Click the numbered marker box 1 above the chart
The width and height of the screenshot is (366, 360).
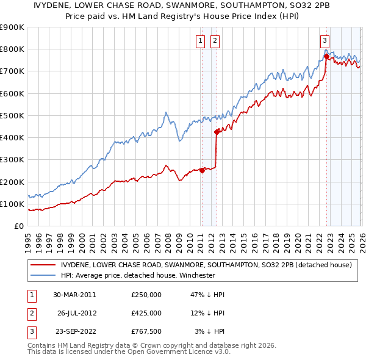click(201, 41)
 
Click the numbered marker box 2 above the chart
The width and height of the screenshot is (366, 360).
click(215, 41)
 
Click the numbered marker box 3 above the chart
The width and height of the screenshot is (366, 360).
click(325, 41)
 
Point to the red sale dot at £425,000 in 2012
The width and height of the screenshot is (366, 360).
click(216, 132)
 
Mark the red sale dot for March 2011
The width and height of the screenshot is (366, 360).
click(202, 171)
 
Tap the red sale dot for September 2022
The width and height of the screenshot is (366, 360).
click(326, 56)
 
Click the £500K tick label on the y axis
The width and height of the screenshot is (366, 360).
click(12, 115)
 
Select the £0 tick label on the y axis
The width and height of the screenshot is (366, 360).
click(19, 226)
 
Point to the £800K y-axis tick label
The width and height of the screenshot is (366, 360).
click(12, 49)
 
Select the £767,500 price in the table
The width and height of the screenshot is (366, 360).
click(146, 331)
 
